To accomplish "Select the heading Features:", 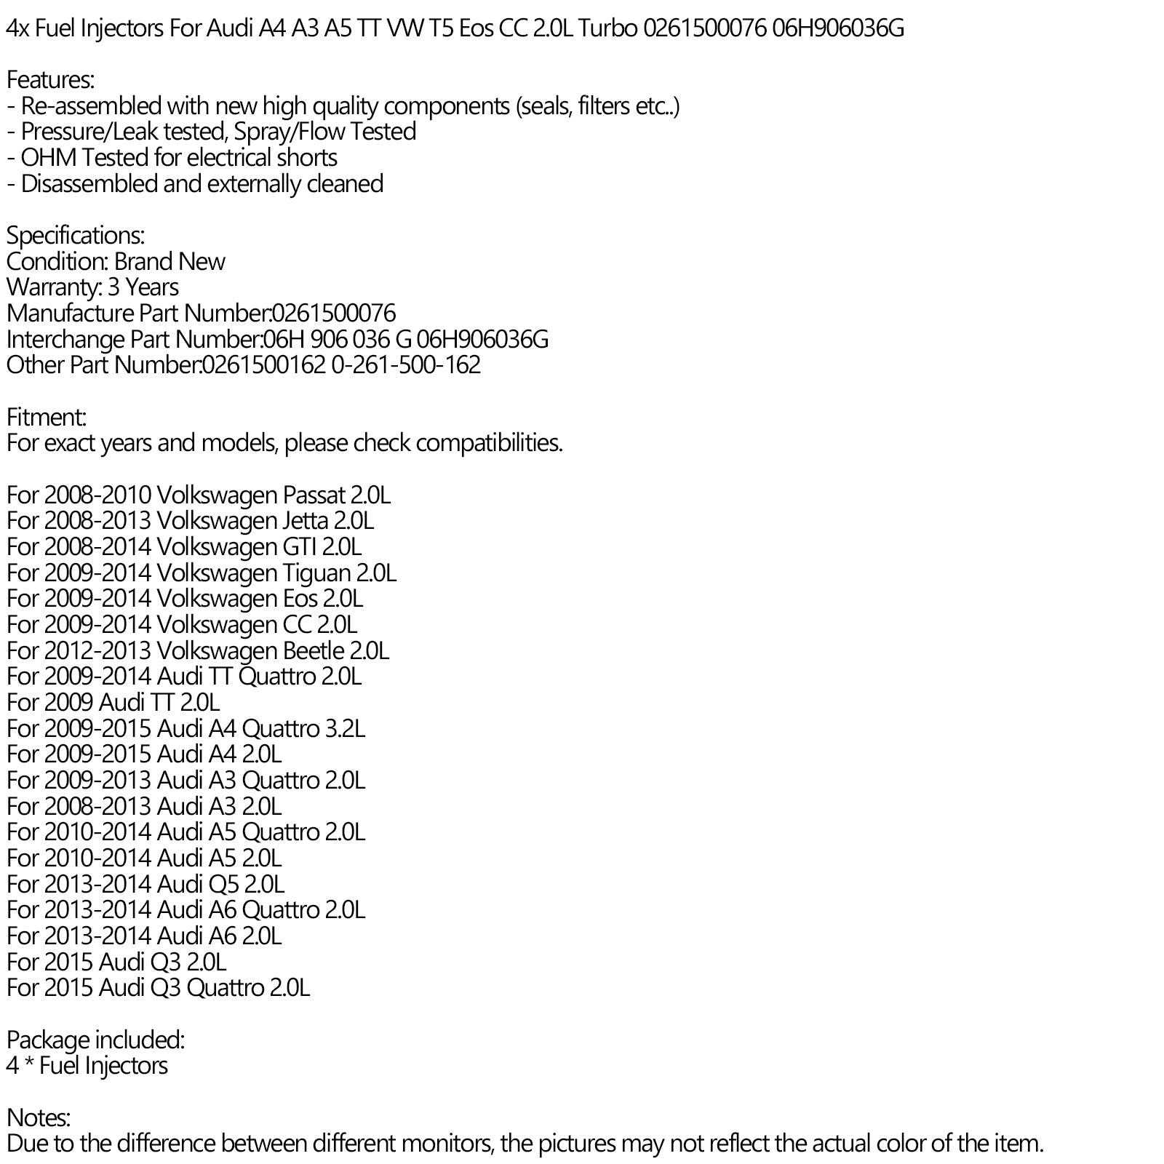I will (50, 80).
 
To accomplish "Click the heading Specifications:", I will (76, 236).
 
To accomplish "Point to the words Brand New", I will (170, 262).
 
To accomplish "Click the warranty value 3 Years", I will (143, 287).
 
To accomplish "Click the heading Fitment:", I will (46, 418).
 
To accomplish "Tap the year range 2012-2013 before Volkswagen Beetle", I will (97, 651).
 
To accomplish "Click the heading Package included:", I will (95, 1040).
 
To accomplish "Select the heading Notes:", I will (39, 1118).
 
